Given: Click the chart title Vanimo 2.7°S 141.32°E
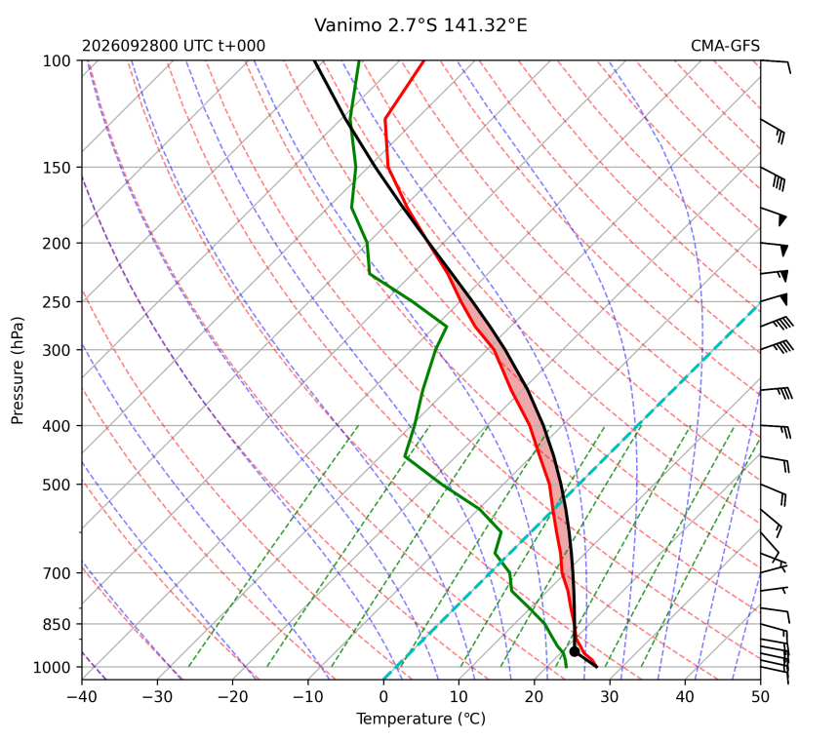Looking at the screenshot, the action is pos(420,25).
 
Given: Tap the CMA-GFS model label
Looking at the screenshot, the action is pos(725,46).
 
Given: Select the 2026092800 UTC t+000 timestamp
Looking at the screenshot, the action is pos(174,46).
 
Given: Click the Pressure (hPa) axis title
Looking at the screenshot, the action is pos(18,370).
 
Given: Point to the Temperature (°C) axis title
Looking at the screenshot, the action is pos(421,719).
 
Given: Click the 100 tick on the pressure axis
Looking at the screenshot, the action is pos(57,61).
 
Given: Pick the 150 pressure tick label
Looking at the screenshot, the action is pos(57,168).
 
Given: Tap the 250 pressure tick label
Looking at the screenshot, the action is pos(57,302).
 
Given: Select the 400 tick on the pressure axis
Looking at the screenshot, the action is pos(57,426).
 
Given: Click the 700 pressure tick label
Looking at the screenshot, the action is pos(57,573).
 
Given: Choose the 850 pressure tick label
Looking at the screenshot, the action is pos(57,624).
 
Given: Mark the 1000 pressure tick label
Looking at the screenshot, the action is pos(52,667).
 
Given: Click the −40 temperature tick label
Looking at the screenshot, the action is pos(82,697).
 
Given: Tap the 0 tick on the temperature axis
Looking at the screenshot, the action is pos(383,697).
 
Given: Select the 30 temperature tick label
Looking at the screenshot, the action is pos(610,697).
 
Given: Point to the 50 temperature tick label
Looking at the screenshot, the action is pos(760,697).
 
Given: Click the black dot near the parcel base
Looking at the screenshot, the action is pos(575,651).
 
